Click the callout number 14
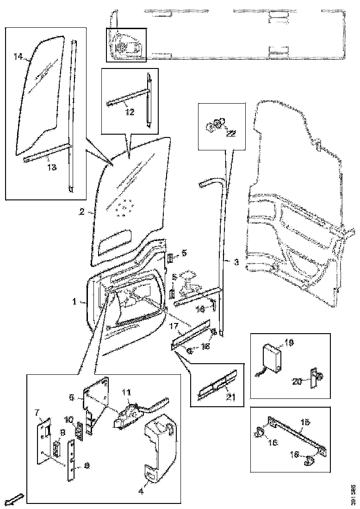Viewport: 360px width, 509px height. click(x=18, y=57)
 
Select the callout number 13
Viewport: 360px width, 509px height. click(x=52, y=167)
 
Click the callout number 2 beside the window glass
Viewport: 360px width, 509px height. click(x=81, y=212)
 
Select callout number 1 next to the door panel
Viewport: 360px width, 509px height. click(x=74, y=301)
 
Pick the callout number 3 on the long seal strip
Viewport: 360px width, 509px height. click(x=236, y=262)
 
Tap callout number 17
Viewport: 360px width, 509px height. click(x=174, y=327)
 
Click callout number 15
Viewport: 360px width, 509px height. click(x=305, y=422)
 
